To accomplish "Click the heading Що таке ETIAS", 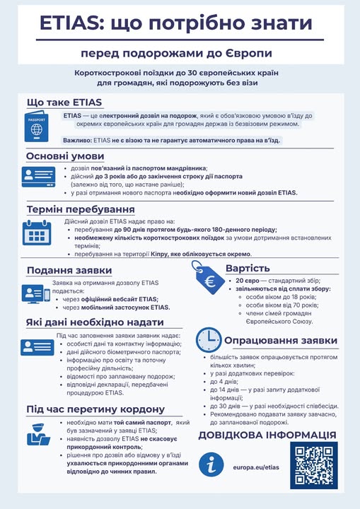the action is point(64,103).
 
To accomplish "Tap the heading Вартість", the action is point(248,269).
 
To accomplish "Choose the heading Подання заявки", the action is point(69,271).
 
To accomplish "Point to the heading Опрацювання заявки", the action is point(280,341).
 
